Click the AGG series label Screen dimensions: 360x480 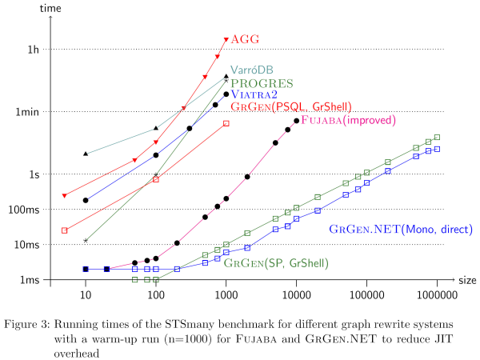pyautogui.click(x=246, y=39)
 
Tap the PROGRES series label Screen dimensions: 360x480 pyautogui.click(x=262, y=82)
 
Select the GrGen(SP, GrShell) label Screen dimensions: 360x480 pyautogui.click(x=276, y=262)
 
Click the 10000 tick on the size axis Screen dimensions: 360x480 pyautogui.click(x=296, y=294)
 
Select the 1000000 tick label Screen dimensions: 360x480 pyautogui.click(x=437, y=294)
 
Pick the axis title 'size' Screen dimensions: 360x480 pyautogui.click(x=467, y=280)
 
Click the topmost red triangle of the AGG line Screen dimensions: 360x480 pyautogui.click(x=226, y=39)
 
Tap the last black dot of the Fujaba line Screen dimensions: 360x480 pyautogui.click(x=297, y=121)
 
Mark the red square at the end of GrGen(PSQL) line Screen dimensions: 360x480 pyautogui.click(x=226, y=123)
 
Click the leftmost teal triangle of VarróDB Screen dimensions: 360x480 pyautogui.click(x=86, y=154)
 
